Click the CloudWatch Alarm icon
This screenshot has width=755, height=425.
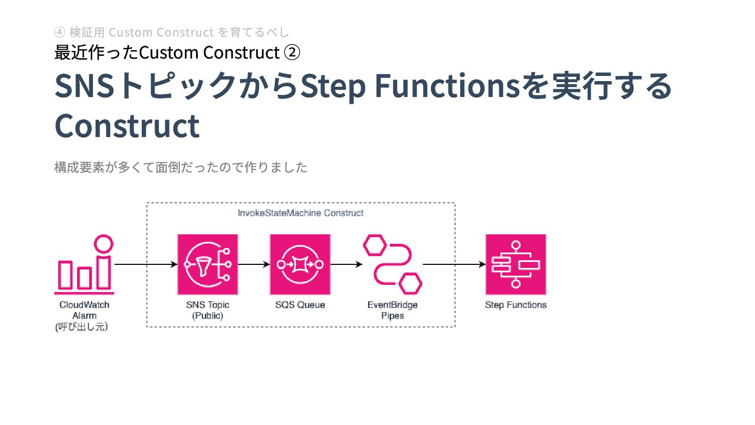click(x=84, y=264)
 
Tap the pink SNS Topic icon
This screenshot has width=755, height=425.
click(x=207, y=264)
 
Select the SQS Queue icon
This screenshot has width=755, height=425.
click(x=300, y=264)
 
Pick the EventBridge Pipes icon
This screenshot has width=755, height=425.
click(x=392, y=264)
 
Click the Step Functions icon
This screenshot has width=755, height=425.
click(x=516, y=264)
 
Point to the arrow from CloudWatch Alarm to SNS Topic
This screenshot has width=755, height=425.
click(x=145, y=264)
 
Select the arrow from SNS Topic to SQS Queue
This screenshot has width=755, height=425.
click(x=254, y=264)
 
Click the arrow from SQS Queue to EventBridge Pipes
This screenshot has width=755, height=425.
click(x=346, y=264)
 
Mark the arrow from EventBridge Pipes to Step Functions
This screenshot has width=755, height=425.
click(x=454, y=264)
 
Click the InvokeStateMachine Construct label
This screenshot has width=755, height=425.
click(x=300, y=213)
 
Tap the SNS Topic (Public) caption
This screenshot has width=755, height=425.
click(x=207, y=310)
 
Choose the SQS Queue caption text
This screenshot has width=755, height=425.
click(x=300, y=305)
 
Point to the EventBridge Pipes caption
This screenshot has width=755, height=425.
click(x=392, y=310)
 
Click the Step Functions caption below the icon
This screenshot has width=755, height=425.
click(x=516, y=305)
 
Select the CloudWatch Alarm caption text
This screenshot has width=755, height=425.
click(x=84, y=310)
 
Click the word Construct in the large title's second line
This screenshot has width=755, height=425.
click(x=127, y=126)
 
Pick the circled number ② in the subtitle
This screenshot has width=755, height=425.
click(x=292, y=52)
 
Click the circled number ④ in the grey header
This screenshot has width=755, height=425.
click(x=60, y=32)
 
